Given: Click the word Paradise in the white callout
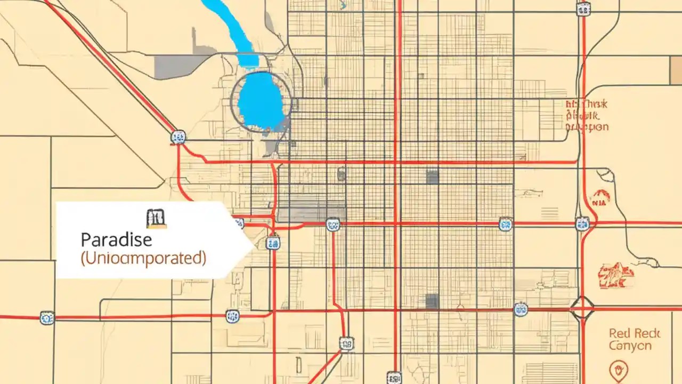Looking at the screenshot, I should (x=117, y=239).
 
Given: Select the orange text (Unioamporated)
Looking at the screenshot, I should (x=143, y=258).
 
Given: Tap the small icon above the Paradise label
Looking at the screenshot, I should (x=156, y=218).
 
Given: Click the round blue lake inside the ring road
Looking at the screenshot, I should (x=261, y=101).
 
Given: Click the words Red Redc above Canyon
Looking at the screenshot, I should (x=635, y=334).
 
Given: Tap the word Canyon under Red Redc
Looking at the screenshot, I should (x=630, y=346).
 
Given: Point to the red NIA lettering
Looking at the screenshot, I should (x=599, y=202).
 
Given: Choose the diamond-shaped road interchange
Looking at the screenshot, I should (x=583, y=308).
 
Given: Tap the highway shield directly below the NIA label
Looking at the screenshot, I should (x=582, y=223).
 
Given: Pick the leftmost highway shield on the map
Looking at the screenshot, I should (x=47, y=318).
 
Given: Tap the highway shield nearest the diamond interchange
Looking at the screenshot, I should (x=521, y=309).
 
